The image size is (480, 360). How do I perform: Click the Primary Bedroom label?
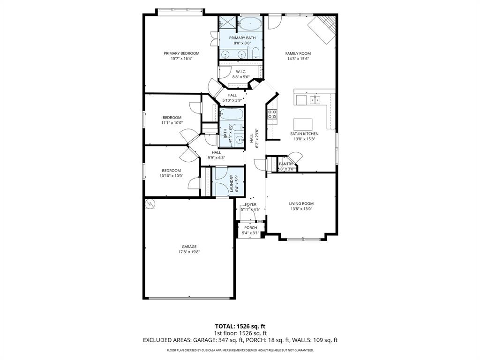pos(181,53)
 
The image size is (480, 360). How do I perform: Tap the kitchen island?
pos(303,124)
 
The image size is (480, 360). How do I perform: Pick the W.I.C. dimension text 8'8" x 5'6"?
pos(241,77)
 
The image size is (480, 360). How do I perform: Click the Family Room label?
pos(298,53)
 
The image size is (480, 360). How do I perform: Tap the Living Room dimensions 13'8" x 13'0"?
pos(301,209)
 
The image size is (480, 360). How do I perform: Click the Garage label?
pos(189,247)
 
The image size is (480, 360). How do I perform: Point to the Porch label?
pos(250,228)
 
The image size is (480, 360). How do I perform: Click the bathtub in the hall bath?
pos(232,114)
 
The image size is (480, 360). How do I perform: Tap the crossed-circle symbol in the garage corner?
pos(150,204)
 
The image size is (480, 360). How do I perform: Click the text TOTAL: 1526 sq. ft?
pos(240,326)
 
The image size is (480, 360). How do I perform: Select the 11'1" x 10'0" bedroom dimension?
pos(172,123)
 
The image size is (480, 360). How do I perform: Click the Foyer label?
pos(250,204)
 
